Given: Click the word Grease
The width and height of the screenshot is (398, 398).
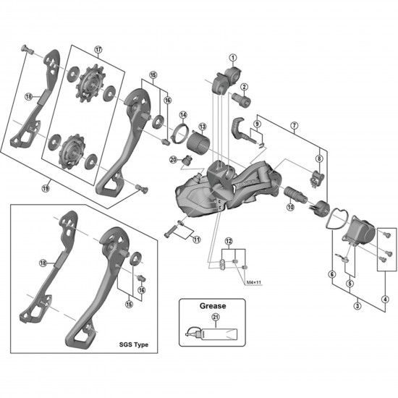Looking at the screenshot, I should tap(213, 305).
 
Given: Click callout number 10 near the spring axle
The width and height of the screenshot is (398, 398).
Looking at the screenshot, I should tap(290, 207).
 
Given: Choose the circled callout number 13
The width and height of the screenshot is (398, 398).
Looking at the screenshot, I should tap(202, 127).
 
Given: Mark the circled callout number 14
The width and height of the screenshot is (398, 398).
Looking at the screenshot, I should tap(183, 115).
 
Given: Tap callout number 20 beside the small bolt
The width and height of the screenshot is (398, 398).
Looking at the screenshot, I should tap(173, 161).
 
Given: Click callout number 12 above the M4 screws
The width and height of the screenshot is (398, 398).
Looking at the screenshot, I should tap(228, 240).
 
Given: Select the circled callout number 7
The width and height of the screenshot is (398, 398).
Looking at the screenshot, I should tap(294, 125).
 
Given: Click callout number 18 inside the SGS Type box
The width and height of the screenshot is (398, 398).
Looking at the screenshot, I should tap(42, 263).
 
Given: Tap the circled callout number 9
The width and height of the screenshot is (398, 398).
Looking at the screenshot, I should tap(255, 124).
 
